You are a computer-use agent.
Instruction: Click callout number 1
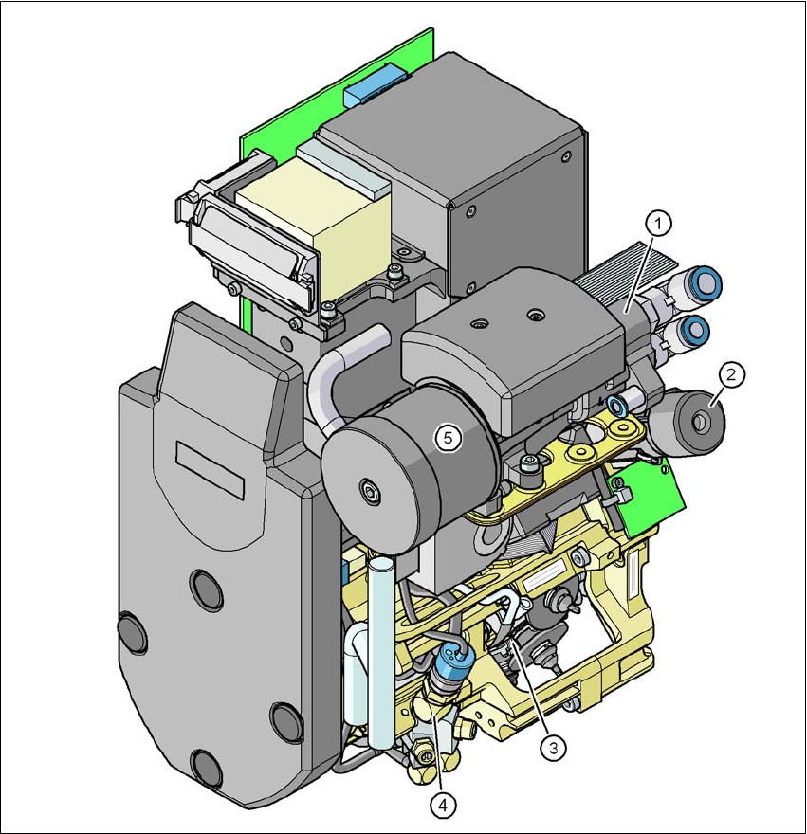[659, 224]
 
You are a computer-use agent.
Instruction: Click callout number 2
[731, 374]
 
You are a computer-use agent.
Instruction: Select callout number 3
[553, 748]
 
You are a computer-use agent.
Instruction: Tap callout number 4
[442, 806]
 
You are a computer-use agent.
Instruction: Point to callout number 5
[448, 438]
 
